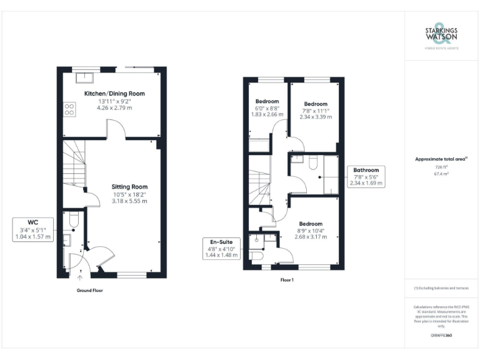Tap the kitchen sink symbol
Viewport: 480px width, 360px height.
pyautogui.click(x=83, y=77)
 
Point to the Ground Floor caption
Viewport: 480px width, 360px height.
pyautogui.click(x=89, y=291)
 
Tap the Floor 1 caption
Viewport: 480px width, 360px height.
pyautogui.click(x=287, y=280)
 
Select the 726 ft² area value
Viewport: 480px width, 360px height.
pyautogui.click(x=440, y=167)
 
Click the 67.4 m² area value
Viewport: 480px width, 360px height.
pyautogui.click(x=440, y=175)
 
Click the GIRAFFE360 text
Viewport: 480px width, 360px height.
pyautogui.click(x=441, y=336)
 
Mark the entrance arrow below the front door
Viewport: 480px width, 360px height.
pyautogui.click(x=79, y=277)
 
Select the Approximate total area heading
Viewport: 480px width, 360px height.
pyautogui.click(x=440, y=159)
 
